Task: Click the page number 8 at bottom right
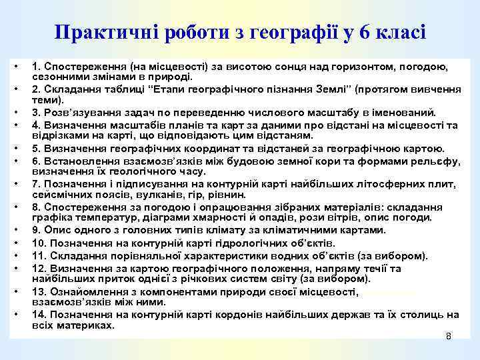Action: pyautogui.click(x=449, y=337)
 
